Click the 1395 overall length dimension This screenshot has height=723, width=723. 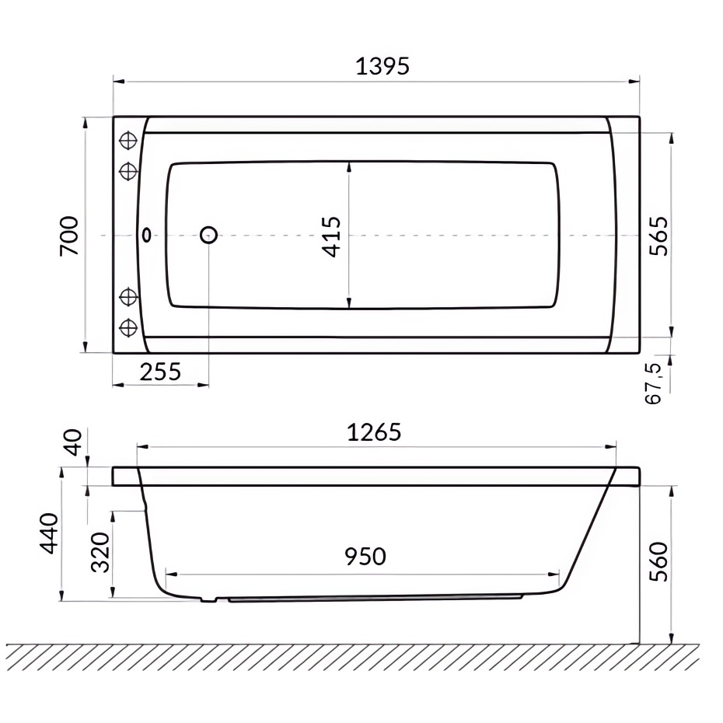[382, 67]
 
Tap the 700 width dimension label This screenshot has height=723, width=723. [70, 235]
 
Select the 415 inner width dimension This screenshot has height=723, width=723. [331, 236]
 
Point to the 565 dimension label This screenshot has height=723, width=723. [658, 235]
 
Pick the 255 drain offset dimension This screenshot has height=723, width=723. [160, 372]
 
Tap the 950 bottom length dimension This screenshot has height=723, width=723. [365, 557]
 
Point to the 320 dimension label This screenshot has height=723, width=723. [100, 553]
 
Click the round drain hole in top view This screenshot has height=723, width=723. [208, 235]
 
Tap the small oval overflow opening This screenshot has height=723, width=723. [146, 235]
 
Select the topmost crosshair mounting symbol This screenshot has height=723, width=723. [128, 141]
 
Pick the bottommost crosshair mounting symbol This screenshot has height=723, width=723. [128, 327]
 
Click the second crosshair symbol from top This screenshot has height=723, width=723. [128, 169]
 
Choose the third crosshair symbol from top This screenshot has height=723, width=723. [128, 297]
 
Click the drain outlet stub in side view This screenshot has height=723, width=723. [208, 599]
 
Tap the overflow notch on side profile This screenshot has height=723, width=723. [144, 506]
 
